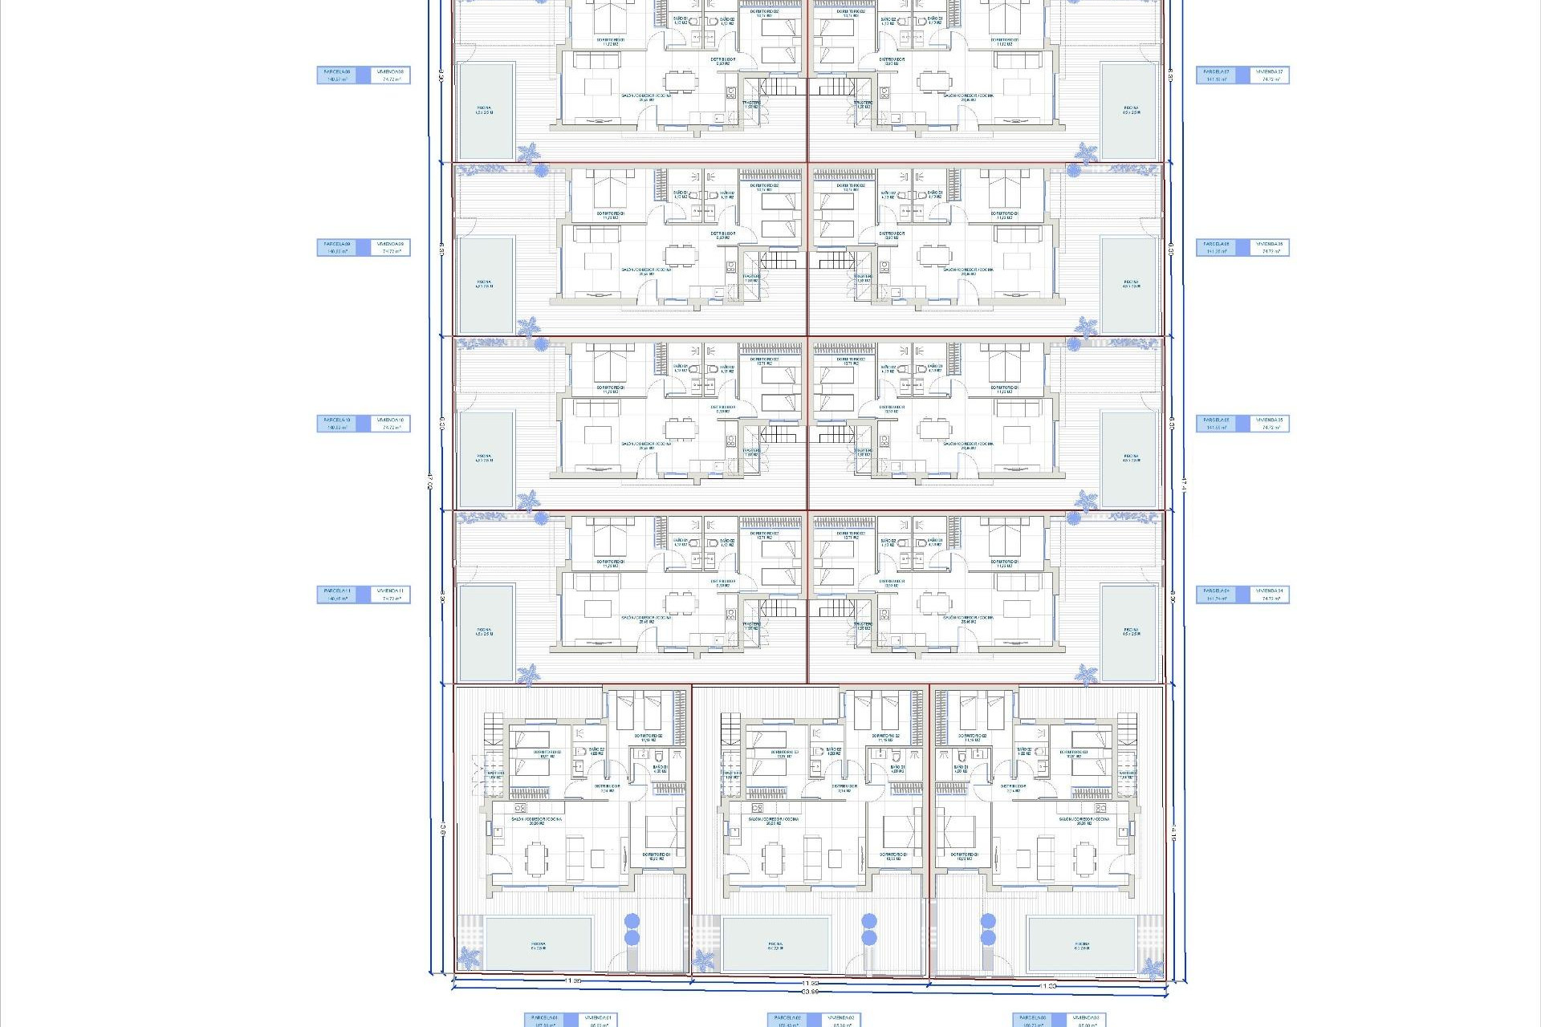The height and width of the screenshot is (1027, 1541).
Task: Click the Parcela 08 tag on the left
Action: pos(338,75)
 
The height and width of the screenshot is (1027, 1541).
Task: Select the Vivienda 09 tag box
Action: pos(392,248)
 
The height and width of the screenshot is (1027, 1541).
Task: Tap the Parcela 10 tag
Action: pos(338,424)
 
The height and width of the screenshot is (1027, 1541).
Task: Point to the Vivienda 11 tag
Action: pos(392,595)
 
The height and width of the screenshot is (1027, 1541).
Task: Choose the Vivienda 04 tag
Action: pos(1271,595)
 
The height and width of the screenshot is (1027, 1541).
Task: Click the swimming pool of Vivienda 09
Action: pos(485,285)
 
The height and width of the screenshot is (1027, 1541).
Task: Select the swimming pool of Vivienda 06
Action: pos(1131,285)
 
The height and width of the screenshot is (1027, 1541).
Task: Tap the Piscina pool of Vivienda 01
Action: pos(539,944)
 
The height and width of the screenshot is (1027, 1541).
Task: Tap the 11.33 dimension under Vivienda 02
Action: pos(811,983)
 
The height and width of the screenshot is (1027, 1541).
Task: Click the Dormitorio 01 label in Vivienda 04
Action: pos(1004,563)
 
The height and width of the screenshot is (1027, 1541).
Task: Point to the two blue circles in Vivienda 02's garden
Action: pos(868,929)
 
